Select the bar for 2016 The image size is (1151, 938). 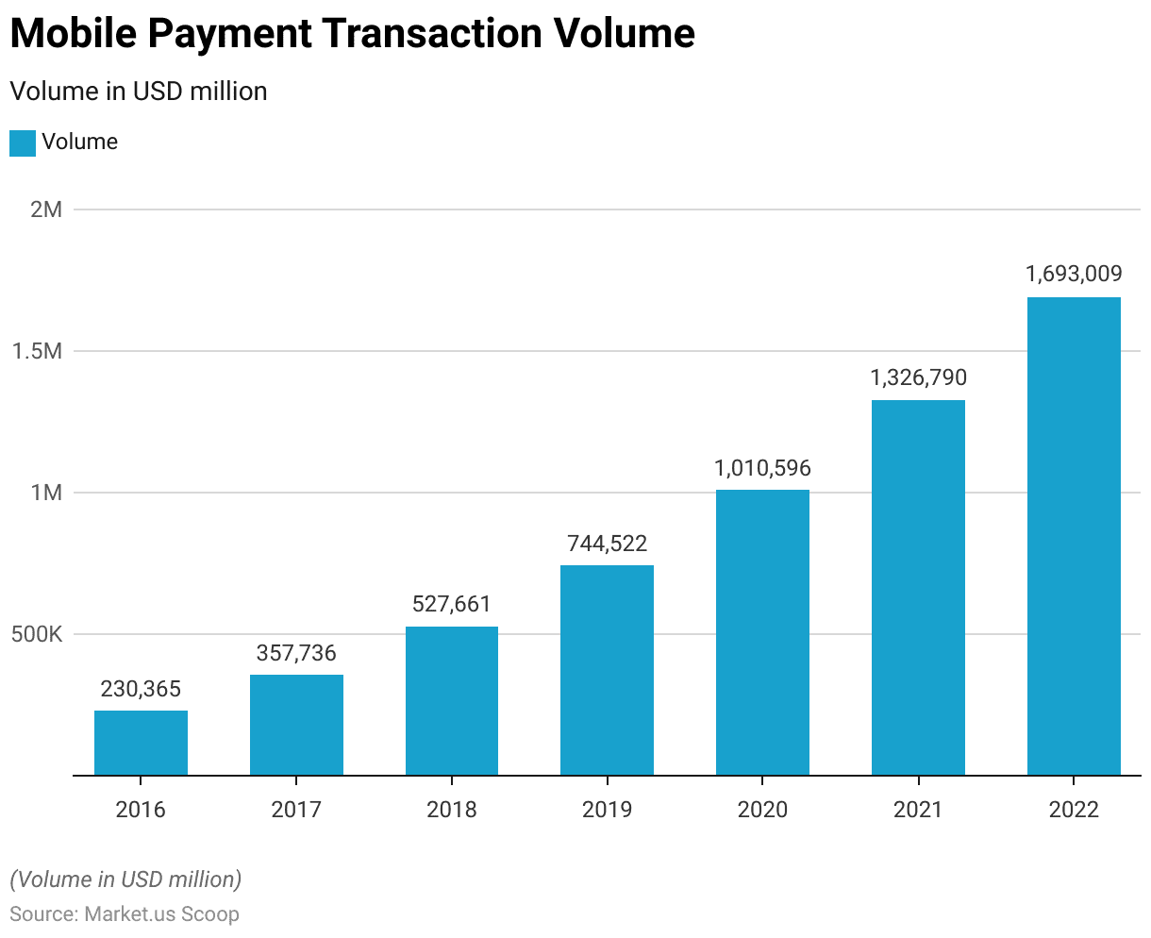pos(141,743)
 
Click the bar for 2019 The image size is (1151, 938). pos(607,670)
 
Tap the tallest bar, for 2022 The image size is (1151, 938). pos(1074,536)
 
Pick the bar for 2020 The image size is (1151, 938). pos(762,632)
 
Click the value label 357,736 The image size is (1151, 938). pos(296,653)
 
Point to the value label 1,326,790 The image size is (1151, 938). pos(918,377)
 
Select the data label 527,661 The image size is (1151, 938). pos(452,604)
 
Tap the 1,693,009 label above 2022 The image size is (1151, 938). pos(1074,275)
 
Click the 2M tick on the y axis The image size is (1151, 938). pos(46,209)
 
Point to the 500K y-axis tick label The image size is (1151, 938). pos(37,634)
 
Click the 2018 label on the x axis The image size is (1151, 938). pos(452,810)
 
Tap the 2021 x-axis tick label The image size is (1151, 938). pos(918,810)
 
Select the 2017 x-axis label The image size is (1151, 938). pos(296,810)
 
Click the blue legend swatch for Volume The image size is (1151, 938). pos(23,142)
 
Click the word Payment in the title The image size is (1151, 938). pos(233,34)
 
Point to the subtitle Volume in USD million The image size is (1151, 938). pos(139,92)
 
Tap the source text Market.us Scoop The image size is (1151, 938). pos(161,914)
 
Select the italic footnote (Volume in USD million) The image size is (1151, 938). pos(125,879)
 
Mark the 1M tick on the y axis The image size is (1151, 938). pos(46,493)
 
